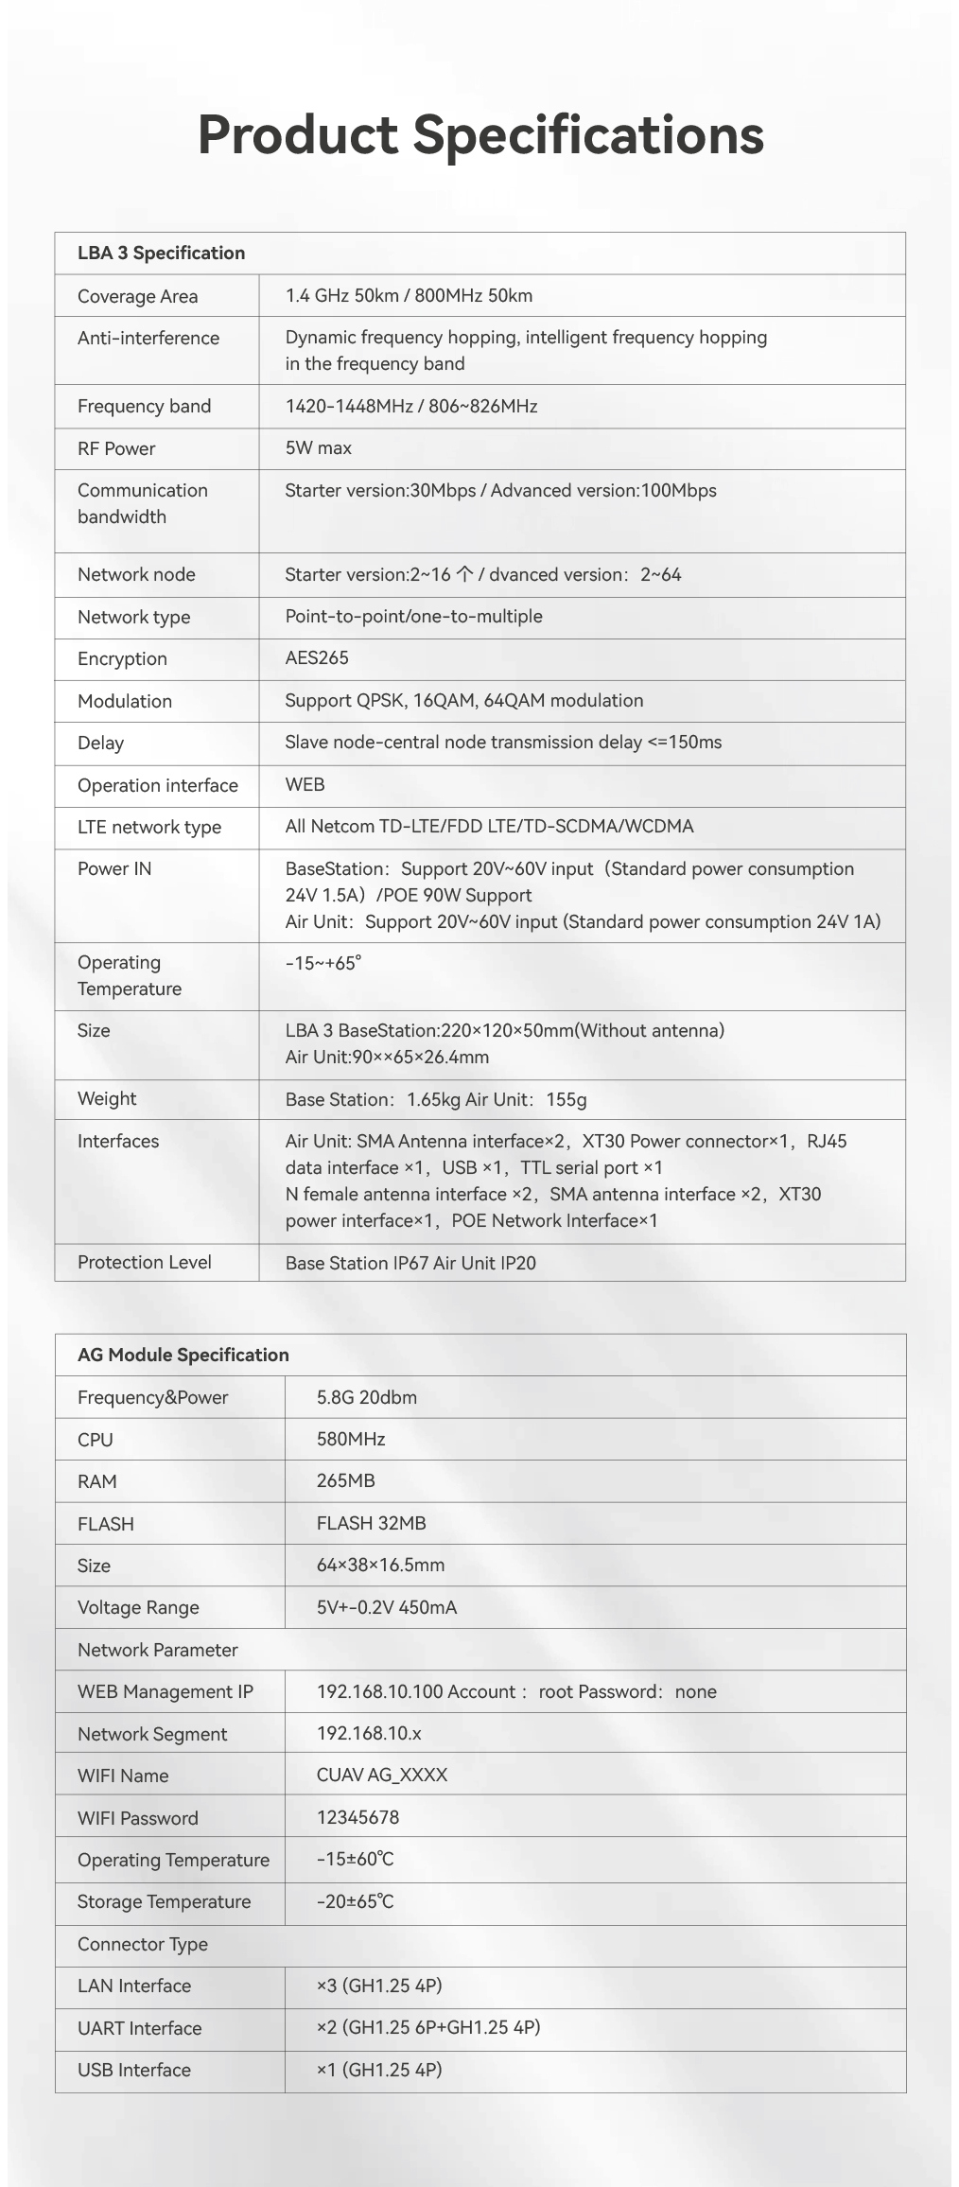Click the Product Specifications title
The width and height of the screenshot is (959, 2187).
(x=480, y=134)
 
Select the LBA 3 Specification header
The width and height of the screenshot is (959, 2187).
(x=161, y=253)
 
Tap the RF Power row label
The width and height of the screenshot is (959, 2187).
(x=116, y=448)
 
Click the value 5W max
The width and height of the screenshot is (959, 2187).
(x=318, y=447)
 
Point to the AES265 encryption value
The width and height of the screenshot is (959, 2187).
(x=317, y=657)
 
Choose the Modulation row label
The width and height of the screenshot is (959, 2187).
(x=125, y=701)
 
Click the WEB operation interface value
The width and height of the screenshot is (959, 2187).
(x=305, y=784)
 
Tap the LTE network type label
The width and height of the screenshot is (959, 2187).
(x=149, y=827)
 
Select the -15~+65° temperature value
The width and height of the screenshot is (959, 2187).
(x=323, y=963)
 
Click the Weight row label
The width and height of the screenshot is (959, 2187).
(x=107, y=1098)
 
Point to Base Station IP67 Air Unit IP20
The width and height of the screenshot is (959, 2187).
(x=410, y=1263)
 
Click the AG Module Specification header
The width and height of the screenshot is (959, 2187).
(x=183, y=1355)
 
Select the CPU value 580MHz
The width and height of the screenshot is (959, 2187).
(x=351, y=1439)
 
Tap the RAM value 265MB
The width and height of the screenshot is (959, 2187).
(x=346, y=1480)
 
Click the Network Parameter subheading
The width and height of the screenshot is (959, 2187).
(x=158, y=1650)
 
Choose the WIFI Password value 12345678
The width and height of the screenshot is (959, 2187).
(x=357, y=1817)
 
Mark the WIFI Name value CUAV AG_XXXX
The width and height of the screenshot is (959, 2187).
(x=382, y=1775)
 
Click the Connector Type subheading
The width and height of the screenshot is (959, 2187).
(x=143, y=1944)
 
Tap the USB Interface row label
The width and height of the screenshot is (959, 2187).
(x=134, y=2070)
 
